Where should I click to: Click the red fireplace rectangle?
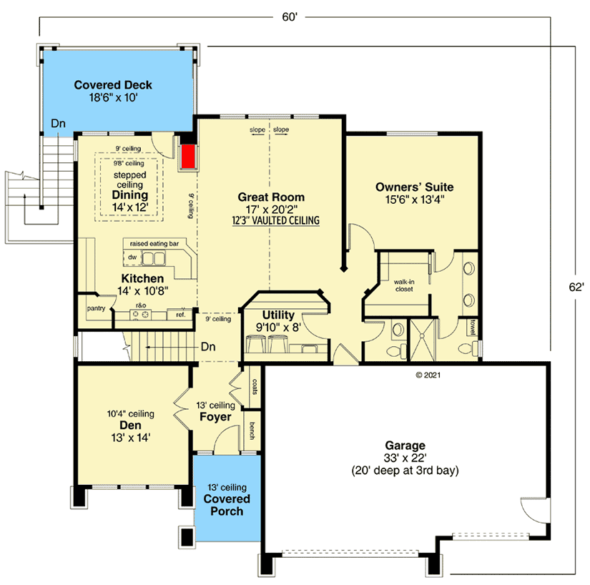coord(188,157)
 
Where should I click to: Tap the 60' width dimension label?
coord(290,17)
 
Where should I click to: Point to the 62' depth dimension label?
coord(576,287)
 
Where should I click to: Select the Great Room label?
coord(271,197)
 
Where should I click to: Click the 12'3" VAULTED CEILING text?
coord(276,220)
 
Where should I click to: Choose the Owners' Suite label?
coord(414,187)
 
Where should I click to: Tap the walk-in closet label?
coord(404,285)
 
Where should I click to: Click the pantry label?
coord(96,308)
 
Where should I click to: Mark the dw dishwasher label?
coord(132,257)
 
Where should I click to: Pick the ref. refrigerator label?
coord(181,315)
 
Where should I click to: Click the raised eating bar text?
coord(154,244)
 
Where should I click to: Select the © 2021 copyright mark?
coord(428,375)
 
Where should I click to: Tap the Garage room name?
coord(405,446)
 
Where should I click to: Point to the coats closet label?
coord(255,387)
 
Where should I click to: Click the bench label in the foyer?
coord(252,431)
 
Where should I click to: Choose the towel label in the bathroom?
coord(472,327)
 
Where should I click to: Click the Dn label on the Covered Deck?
coord(59,124)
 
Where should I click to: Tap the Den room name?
coord(130,425)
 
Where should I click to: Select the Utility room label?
coord(278,315)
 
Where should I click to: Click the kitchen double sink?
coord(154,258)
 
